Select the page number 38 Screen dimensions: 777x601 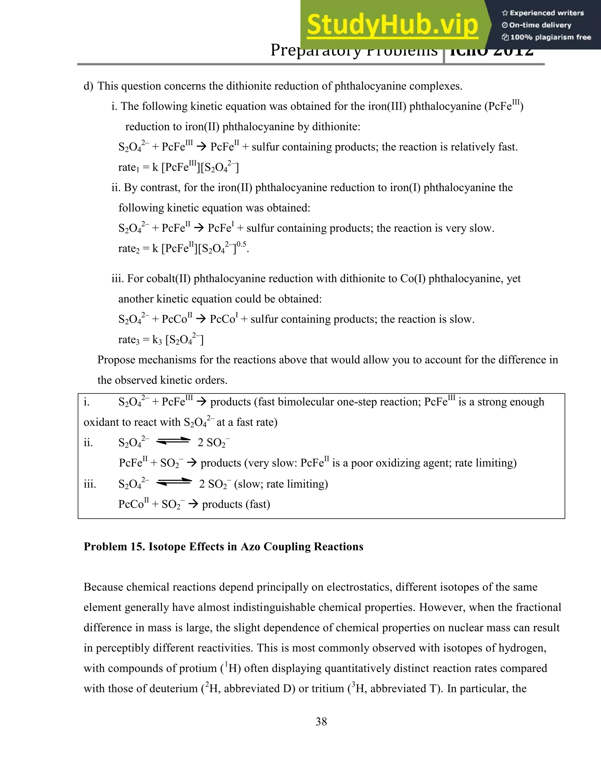coord(321,722)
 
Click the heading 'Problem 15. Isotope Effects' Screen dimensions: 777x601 coord(223,547)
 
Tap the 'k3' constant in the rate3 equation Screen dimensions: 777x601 coord(157,340)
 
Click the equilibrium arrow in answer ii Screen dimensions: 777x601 coord(173,441)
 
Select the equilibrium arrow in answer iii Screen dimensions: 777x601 coord(174,482)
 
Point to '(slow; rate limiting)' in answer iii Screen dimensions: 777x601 coord(281,484)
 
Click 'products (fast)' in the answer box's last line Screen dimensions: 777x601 coord(236,504)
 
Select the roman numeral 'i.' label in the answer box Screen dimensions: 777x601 coord(87,402)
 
